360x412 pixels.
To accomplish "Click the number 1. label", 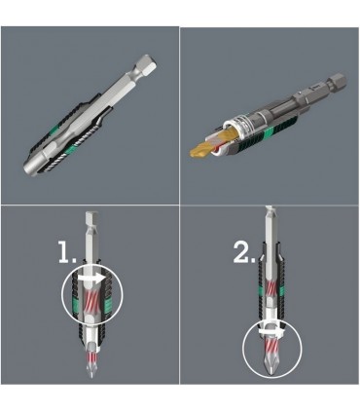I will point(64,255).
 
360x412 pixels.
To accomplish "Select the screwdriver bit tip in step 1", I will point(90,374).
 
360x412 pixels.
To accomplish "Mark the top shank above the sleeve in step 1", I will point(90,229).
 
